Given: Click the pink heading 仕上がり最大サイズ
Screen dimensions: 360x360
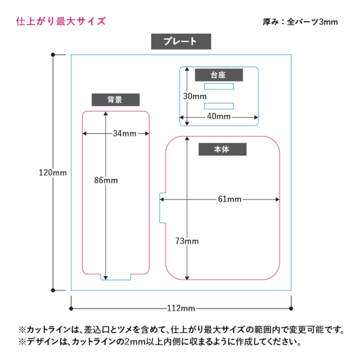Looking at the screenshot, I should point(61,22).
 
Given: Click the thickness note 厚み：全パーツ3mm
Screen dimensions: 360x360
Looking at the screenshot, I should point(300,22).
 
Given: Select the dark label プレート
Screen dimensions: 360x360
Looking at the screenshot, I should point(181,41).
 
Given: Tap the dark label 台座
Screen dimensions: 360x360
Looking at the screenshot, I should point(218,75).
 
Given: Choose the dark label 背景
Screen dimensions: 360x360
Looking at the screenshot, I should point(115,100).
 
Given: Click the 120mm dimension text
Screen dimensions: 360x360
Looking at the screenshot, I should point(52,173).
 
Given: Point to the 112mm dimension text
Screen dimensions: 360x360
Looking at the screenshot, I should point(181,308).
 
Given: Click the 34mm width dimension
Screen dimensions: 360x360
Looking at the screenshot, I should point(124,133).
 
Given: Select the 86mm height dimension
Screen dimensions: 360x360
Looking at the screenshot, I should point(106,181).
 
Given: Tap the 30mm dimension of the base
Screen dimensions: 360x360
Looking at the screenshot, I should point(195,96).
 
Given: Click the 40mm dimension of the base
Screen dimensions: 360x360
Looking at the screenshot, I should point(219,116).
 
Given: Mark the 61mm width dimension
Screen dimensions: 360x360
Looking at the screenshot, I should point(229,199).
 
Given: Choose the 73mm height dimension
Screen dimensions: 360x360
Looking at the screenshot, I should point(187,241).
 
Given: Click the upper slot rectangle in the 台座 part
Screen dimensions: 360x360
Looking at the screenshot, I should point(219,86).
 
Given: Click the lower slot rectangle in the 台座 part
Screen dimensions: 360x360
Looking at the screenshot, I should point(219,106).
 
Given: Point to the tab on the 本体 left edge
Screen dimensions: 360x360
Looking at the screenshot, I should point(162,208).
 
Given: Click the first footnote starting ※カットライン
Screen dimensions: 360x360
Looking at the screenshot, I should point(180,329).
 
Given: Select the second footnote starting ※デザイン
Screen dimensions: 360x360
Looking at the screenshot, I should point(159,342).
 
